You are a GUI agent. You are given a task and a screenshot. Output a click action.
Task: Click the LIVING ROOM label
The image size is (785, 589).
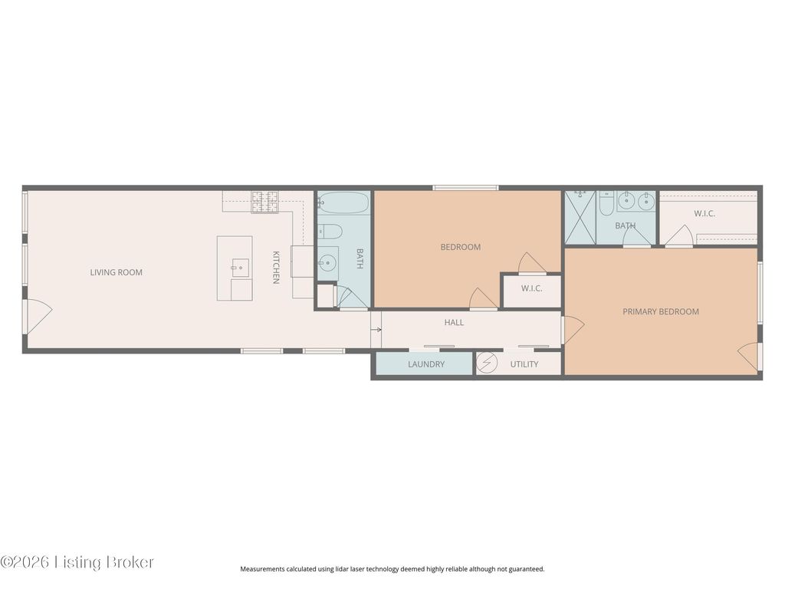coord(117,272)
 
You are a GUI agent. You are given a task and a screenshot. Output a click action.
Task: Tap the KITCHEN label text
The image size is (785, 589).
coord(275,267)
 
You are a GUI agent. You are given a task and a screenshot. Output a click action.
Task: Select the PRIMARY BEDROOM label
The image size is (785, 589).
coord(660,311)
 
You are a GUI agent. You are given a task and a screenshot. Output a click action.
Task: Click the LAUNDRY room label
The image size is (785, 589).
coord(426,364)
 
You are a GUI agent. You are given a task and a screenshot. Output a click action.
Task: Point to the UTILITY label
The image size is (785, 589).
coord(524,364)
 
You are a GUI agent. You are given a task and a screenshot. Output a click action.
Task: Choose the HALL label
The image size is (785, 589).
coord(454,323)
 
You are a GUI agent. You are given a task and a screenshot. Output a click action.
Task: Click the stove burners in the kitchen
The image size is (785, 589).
coord(264,202)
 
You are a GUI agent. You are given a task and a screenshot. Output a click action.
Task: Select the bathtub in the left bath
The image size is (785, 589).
coord(343,203)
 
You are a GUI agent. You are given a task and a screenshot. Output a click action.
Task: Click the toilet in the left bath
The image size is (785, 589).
coord(330,232)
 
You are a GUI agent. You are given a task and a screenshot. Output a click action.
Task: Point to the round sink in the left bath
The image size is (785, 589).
coord(327,262)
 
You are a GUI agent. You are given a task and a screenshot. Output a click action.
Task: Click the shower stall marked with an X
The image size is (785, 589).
coord(580,218)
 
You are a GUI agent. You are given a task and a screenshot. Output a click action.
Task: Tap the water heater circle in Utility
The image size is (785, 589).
coord(487,363)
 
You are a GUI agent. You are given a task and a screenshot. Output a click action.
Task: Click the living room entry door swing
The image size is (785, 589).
coord(38,317)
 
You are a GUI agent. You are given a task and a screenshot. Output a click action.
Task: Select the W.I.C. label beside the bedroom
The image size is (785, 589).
coord(531,288)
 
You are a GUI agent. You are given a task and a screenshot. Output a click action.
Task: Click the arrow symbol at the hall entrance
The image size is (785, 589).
coord(376,330)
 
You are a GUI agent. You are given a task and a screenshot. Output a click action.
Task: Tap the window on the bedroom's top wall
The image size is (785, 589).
coord(465,188)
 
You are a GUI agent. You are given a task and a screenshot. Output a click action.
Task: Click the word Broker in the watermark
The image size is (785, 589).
coord(129,562)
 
